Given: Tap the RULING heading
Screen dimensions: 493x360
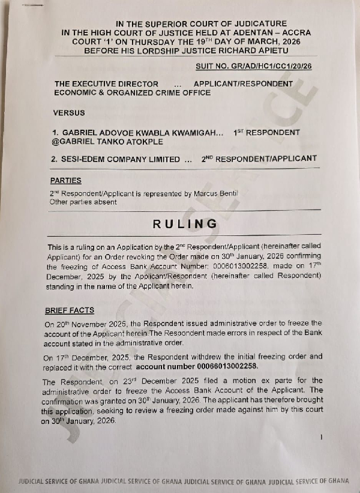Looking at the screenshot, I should click(185, 224).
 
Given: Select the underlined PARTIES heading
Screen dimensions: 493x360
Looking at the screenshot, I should click(66, 180).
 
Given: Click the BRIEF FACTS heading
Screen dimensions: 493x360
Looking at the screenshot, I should click(70, 310).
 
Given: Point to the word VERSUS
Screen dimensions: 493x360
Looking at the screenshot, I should click(70, 112).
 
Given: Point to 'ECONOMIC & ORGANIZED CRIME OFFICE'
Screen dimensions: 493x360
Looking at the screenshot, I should click(133, 93).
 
